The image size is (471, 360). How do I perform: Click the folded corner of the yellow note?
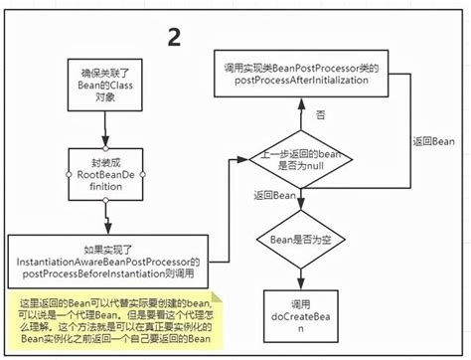222,295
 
